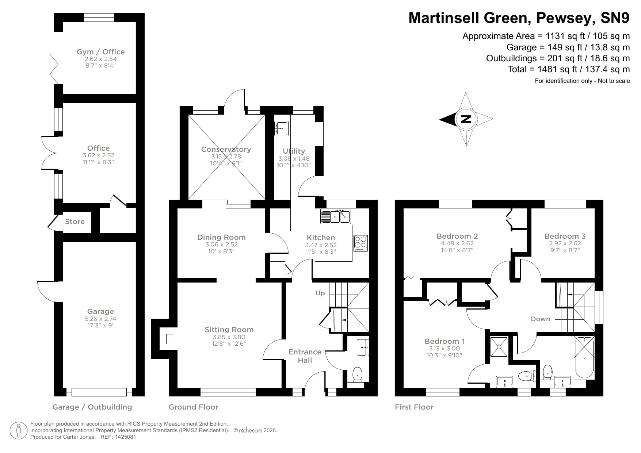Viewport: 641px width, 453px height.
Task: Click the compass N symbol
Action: (x=466, y=119)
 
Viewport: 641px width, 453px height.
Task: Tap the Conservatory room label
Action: (x=226, y=149)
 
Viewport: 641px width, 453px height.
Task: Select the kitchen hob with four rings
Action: (x=360, y=243)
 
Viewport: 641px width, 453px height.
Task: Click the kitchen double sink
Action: (x=335, y=216)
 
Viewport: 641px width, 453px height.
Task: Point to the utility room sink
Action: (x=281, y=128)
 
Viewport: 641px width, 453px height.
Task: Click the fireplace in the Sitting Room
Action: (x=169, y=339)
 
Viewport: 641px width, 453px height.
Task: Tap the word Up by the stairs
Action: (x=320, y=293)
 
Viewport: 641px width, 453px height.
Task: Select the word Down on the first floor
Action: (x=540, y=319)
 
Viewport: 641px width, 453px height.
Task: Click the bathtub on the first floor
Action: (x=584, y=357)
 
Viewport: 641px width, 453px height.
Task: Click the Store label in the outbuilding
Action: (x=75, y=222)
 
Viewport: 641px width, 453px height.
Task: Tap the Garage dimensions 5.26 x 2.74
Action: (x=100, y=319)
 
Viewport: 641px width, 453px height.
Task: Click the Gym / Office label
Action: (x=100, y=52)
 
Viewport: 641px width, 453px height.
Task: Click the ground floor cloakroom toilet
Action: (x=357, y=375)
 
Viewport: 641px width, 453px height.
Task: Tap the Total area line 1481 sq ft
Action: (x=568, y=69)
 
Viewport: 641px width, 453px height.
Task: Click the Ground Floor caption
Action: (x=193, y=407)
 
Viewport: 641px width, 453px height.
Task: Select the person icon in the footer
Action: (x=19, y=431)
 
